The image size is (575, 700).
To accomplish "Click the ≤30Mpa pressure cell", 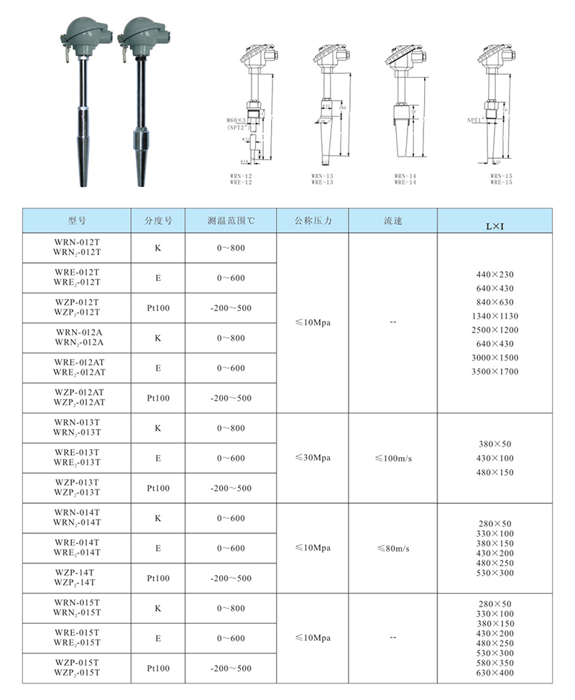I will point(313,458).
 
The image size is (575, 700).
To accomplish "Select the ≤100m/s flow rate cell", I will point(393,458).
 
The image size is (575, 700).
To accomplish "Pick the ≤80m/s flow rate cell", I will point(393,548).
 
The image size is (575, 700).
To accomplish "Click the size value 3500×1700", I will point(495,372).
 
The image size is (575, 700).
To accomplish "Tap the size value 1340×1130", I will point(495,316).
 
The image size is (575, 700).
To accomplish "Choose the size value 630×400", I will point(495,673).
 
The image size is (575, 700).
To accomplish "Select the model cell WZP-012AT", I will point(77,397).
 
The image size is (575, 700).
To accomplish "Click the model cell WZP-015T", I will point(77,668).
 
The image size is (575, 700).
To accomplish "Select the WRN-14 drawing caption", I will point(405,176).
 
